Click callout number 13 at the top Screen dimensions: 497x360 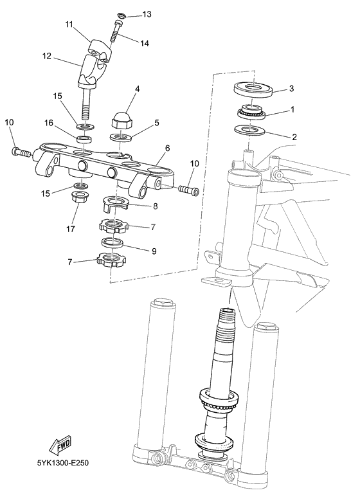(147, 14)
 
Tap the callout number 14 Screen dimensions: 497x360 (145, 43)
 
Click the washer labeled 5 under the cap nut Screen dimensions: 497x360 (122, 138)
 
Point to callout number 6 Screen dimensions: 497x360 (167, 148)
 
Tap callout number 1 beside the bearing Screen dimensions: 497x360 (292, 109)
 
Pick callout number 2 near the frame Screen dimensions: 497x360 (294, 136)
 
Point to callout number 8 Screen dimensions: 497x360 (155, 206)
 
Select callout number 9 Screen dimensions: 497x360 (154, 251)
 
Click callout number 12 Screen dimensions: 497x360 (46, 56)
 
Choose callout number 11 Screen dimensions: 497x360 (69, 24)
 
